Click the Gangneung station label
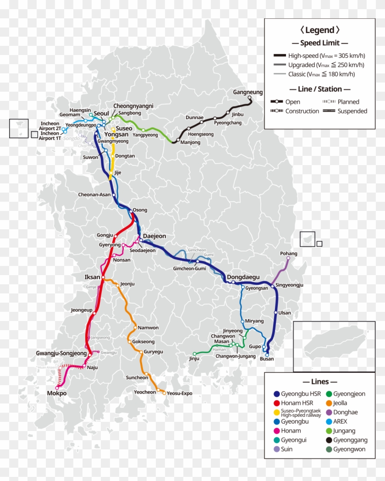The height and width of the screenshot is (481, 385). [x=247, y=92]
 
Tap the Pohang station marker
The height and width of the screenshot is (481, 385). [x=288, y=258]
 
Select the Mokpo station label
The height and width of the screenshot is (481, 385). [x=57, y=393]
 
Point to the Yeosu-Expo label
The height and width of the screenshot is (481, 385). [x=179, y=393]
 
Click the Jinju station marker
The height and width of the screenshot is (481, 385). [x=194, y=354]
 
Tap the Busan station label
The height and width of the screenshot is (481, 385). [x=266, y=359]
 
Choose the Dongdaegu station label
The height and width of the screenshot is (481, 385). [x=243, y=277]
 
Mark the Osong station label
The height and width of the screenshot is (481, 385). [x=140, y=210]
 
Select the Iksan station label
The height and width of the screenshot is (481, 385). [x=93, y=277]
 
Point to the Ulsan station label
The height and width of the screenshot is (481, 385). [x=285, y=313]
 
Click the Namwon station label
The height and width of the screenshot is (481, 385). [x=148, y=328]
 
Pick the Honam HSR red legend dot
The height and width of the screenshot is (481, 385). [x=276, y=403]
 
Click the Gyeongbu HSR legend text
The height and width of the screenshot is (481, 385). [x=301, y=394]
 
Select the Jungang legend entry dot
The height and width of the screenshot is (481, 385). [x=328, y=431]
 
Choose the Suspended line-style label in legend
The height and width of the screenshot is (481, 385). [x=352, y=111]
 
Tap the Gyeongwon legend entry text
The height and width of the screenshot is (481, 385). [x=349, y=449]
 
